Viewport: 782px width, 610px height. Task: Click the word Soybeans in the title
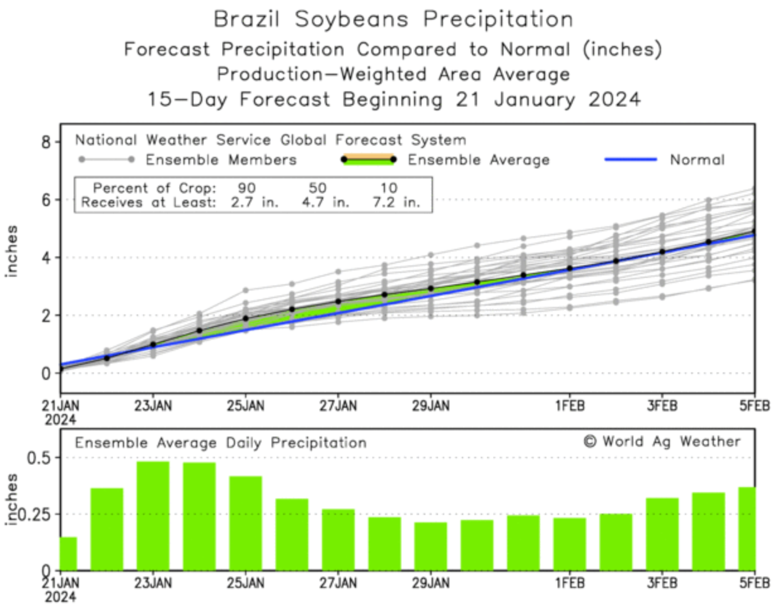coord(354,19)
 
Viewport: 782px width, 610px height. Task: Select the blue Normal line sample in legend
coord(630,160)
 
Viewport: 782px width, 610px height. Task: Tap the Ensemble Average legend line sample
coord(369,159)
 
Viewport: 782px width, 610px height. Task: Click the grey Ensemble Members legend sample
coord(106,160)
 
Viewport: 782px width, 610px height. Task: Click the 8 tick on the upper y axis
coord(46,142)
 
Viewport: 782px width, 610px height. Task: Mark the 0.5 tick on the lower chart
coord(39,457)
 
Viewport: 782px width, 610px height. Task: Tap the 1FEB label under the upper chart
coord(570,405)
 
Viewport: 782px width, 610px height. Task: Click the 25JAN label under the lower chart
coord(246,584)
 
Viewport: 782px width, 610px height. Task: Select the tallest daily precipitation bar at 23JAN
coord(153,515)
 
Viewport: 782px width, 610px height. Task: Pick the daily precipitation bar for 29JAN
coord(431,546)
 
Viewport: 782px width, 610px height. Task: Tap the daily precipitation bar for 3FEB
coord(662,534)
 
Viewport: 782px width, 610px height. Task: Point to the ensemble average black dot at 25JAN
coord(246,318)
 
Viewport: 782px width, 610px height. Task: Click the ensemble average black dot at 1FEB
coord(570,268)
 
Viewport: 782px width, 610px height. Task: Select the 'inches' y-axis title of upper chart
coord(12,251)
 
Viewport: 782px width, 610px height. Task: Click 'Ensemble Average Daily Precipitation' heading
coord(221,443)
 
